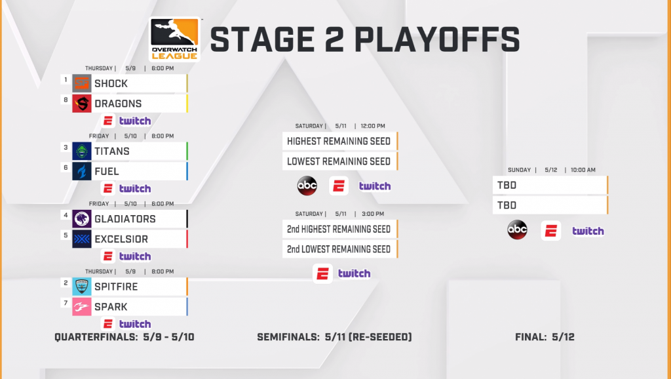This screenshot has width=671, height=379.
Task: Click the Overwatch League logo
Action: tap(174, 39)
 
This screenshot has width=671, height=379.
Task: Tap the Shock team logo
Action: tap(82, 83)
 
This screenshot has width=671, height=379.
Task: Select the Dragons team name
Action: tap(118, 104)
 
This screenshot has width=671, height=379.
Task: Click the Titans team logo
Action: tap(82, 151)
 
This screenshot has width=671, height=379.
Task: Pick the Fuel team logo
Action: tap(82, 171)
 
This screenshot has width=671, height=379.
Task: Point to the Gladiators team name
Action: tap(125, 219)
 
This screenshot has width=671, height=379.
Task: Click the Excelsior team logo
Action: tap(82, 239)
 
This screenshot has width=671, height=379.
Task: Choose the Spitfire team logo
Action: tap(82, 287)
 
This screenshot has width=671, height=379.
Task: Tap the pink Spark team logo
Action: tap(82, 307)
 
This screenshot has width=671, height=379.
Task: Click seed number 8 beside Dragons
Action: tap(66, 100)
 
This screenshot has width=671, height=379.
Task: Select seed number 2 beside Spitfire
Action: tap(66, 283)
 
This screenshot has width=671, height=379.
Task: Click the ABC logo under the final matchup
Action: tap(518, 230)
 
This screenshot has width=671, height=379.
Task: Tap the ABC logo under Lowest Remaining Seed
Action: tap(307, 186)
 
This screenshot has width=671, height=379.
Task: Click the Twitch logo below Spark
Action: tap(135, 324)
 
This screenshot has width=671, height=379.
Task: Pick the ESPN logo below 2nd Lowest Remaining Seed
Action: tap(322, 273)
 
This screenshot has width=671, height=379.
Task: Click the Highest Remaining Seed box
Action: tap(340, 142)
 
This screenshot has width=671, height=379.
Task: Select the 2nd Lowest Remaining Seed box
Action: tap(340, 249)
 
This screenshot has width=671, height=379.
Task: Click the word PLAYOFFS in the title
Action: tap(437, 39)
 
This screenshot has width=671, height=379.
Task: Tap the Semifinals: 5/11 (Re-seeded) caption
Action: tap(334, 337)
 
